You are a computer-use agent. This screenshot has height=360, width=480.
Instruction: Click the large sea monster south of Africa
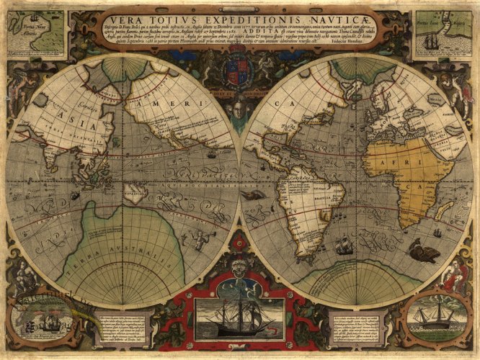click(423, 251)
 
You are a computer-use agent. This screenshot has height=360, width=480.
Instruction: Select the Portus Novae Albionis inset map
click(35, 34)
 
